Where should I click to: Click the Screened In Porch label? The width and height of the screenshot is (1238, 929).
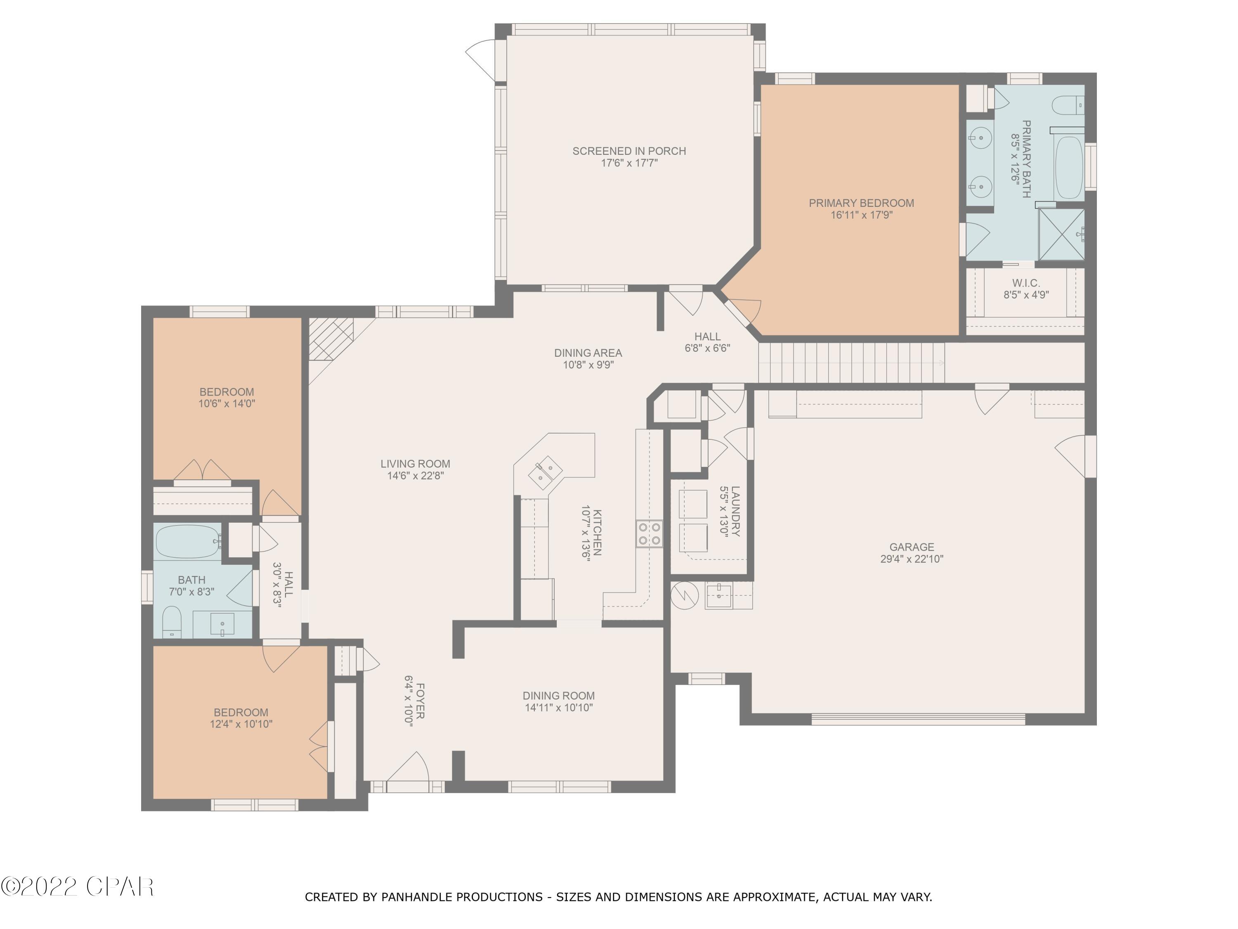628,151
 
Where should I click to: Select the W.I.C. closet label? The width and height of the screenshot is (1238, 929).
1025,283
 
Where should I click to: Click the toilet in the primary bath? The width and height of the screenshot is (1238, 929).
1068,105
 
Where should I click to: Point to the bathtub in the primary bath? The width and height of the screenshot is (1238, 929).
1068,168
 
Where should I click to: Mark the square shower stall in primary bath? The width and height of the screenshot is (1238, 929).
1061,235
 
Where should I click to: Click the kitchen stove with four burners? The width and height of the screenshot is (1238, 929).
649,533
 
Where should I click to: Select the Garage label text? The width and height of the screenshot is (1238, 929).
912,547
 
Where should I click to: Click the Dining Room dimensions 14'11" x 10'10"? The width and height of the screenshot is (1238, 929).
559,708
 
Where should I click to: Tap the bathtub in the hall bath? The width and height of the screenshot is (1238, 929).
187,541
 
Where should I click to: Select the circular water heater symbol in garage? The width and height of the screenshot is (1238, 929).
684,596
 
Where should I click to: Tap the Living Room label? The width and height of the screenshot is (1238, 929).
415,464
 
